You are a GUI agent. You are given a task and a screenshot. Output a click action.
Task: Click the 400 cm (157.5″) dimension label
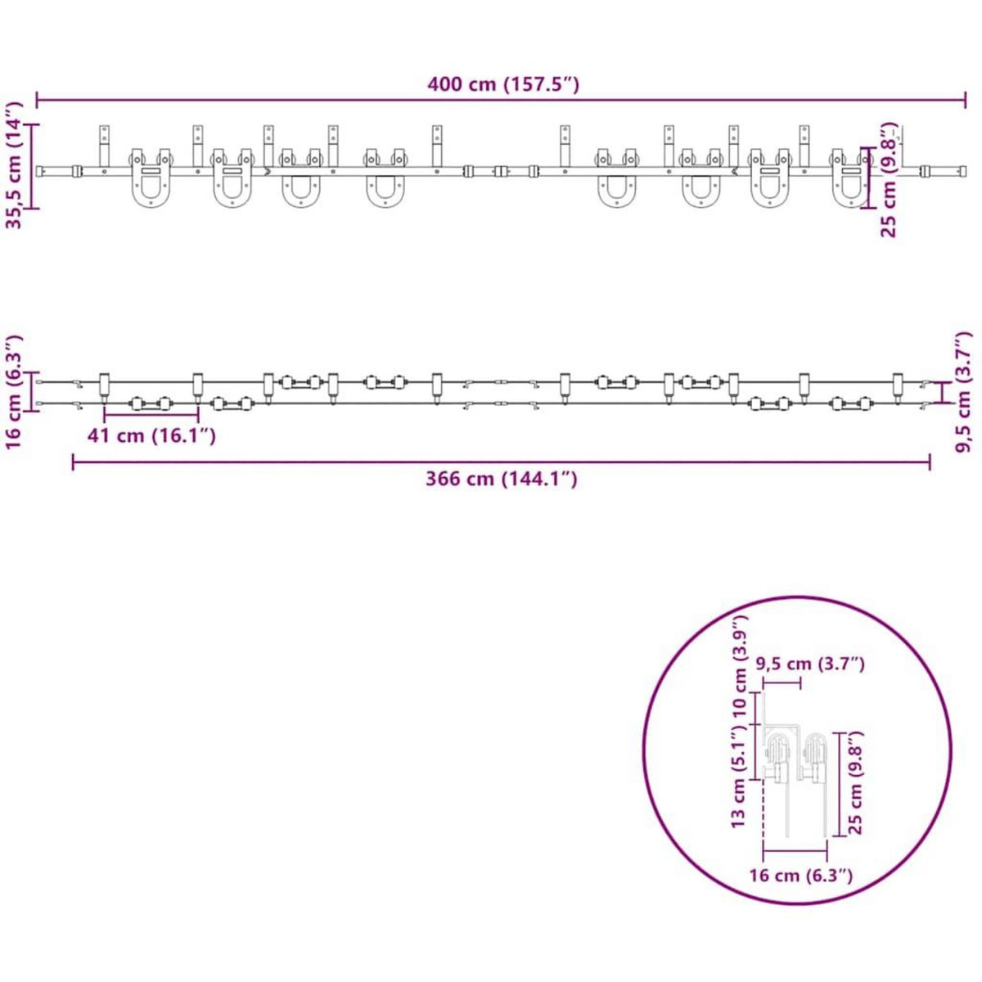pos(502,84)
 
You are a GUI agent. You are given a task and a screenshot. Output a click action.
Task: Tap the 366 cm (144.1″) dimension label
pos(502,479)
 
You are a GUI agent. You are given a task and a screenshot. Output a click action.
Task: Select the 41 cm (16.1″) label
pos(151,435)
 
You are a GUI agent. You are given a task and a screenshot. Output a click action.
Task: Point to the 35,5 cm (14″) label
pos(14,165)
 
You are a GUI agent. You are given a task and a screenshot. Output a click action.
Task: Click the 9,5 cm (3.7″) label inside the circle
pos(813,664)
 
